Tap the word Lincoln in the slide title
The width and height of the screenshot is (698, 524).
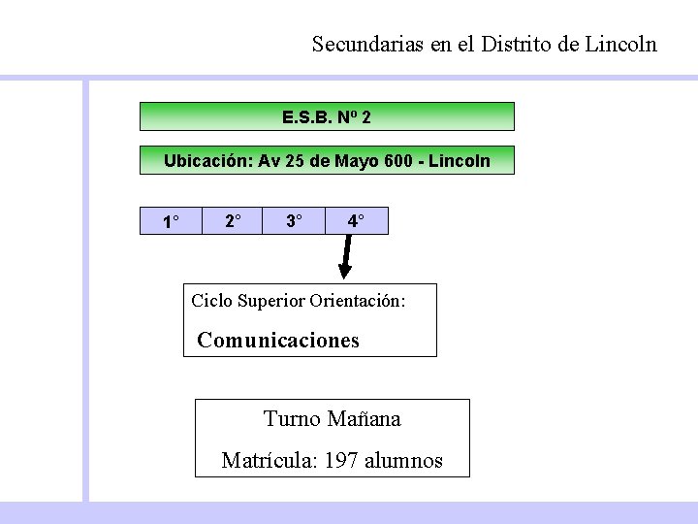pos(621,45)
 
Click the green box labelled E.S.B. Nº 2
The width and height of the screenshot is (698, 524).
pos(327,117)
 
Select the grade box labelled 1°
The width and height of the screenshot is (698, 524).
pos(171,221)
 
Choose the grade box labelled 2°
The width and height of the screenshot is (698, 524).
pos(233,221)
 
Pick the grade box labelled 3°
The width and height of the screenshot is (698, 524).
pos(294,221)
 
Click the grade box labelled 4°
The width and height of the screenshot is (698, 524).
pos(356,221)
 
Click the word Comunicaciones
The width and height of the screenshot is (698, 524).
pos(278,341)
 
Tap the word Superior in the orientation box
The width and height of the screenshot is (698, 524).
pos(271,301)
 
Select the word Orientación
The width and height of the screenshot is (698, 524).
pos(357,301)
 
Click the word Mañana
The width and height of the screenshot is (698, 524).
pos(364,419)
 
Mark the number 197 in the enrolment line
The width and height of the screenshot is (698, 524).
pos(340,461)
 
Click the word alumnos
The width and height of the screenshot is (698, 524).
pos(403,461)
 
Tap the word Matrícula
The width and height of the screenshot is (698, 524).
pos(268,461)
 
